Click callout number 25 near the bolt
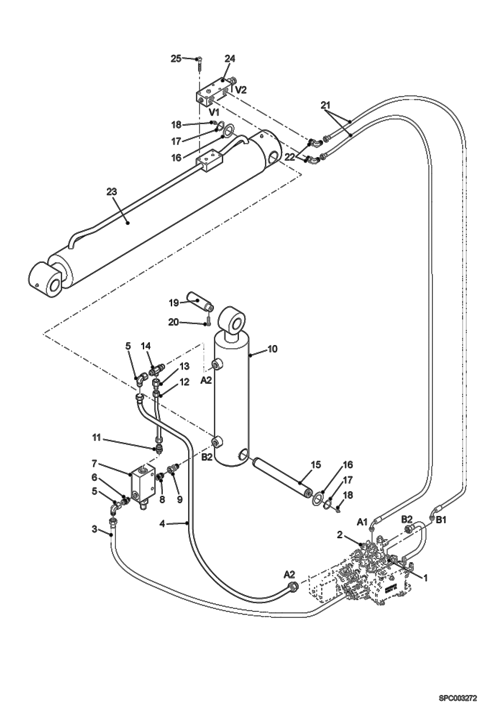point(176,59)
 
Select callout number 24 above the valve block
point(230,59)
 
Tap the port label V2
point(241,90)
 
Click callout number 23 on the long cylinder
point(112,192)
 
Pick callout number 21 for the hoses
point(325,105)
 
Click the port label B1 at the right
point(441,520)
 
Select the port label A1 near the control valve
point(362,523)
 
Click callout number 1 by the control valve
point(425,578)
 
